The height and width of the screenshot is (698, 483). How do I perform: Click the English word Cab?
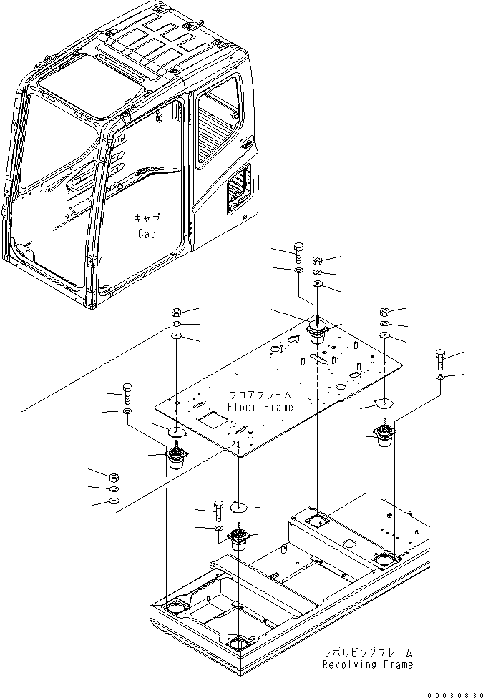click(146, 233)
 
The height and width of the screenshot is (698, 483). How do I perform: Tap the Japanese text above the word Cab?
click(146, 219)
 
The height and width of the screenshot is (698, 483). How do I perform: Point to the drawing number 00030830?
click(454, 693)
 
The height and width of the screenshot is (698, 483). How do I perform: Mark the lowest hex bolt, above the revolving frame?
click(218, 509)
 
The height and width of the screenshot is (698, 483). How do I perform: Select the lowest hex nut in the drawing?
click(114, 478)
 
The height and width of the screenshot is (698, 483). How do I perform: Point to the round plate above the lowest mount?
click(239, 508)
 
